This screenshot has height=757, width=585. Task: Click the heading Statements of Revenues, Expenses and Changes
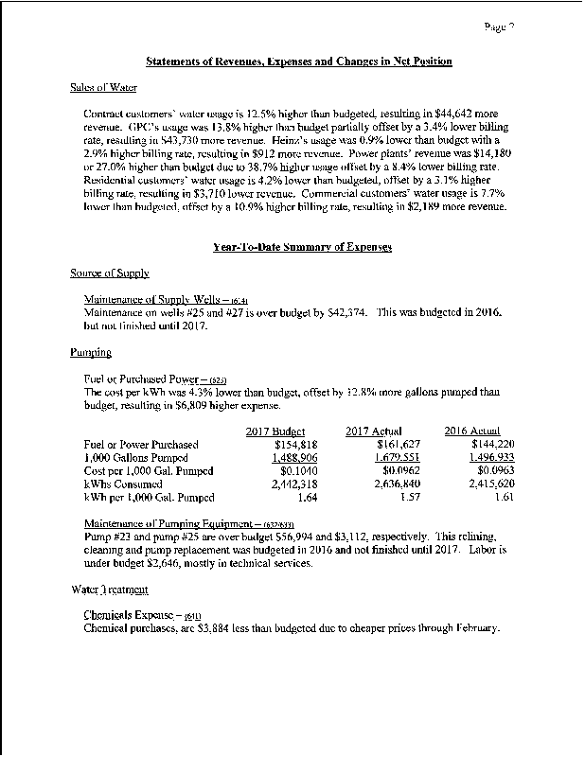tap(299, 62)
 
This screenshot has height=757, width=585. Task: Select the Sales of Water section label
tap(104, 87)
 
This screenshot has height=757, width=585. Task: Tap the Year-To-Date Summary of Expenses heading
tap(298, 247)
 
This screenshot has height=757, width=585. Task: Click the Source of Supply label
tap(110, 273)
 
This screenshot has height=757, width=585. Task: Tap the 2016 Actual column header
tap(472, 431)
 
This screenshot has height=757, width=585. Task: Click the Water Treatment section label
tap(109, 590)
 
